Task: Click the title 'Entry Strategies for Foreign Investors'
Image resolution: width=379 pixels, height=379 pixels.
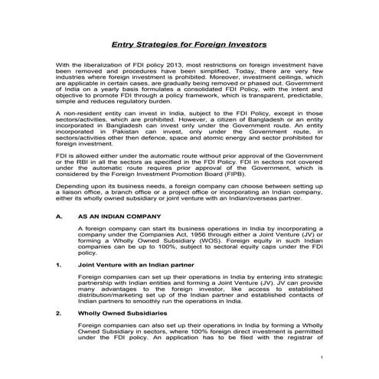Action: (189, 45)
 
